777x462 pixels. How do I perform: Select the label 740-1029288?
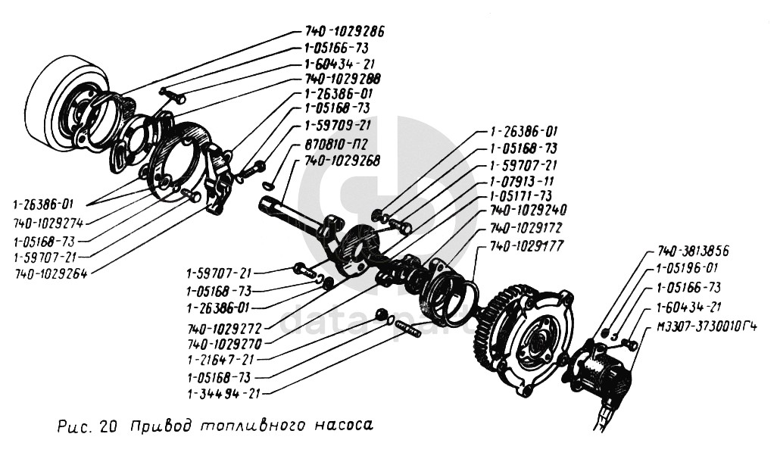pos(342,78)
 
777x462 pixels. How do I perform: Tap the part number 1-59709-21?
pos(338,125)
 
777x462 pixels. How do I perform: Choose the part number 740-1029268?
pos(342,160)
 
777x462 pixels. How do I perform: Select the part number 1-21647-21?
pos(221,360)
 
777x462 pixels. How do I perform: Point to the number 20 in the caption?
pos(107,426)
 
